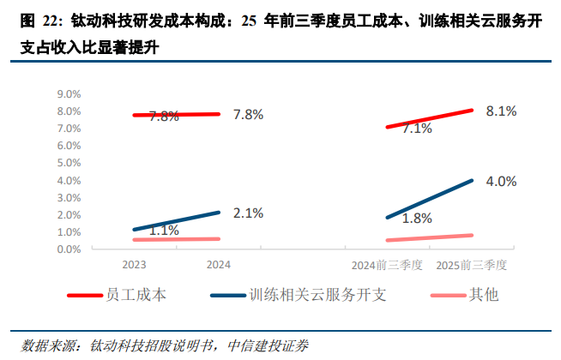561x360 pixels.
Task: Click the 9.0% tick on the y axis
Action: point(69,93)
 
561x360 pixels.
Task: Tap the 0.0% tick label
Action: point(69,249)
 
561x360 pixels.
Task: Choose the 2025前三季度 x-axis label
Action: point(473,266)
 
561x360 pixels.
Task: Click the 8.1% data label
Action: point(500,111)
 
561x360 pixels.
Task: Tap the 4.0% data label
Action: point(500,181)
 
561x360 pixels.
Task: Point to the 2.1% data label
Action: point(247,213)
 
